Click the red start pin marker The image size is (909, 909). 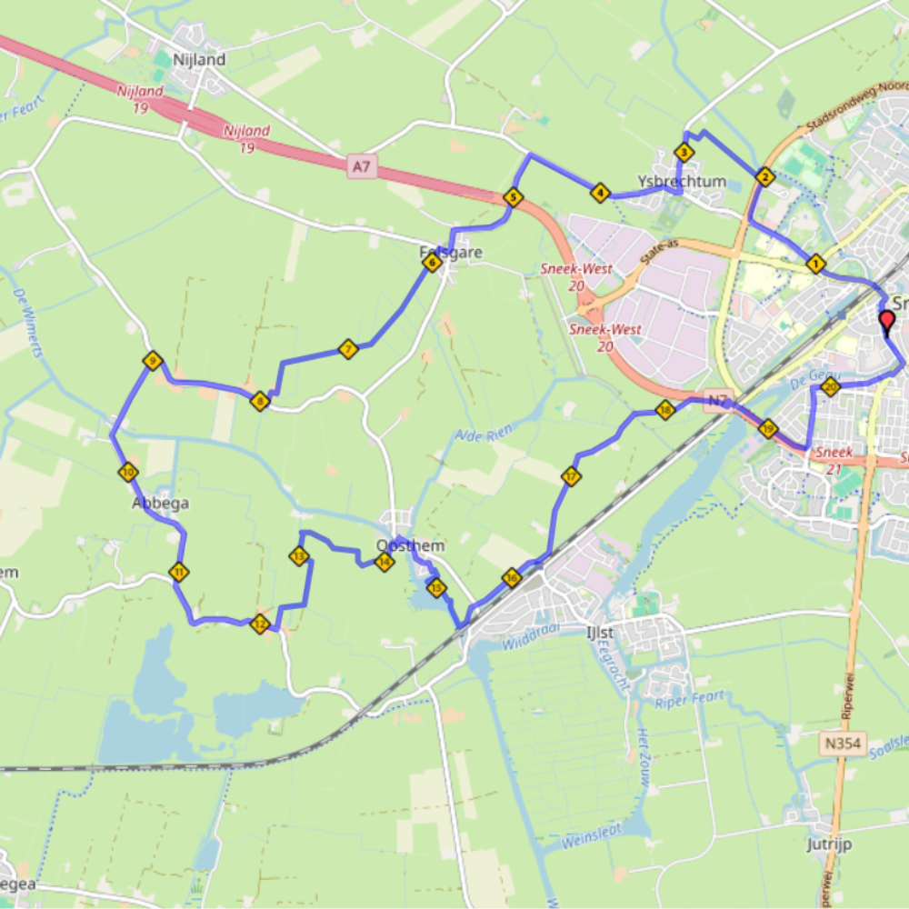coord(887,322)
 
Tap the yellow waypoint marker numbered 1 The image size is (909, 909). coord(815,265)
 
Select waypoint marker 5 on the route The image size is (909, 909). coord(513,197)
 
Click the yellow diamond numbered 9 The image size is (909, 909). coord(153,362)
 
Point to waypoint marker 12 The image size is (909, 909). coord(261,624)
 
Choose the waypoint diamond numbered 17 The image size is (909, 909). coord(571,475)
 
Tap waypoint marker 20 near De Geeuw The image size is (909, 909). coord(830,388)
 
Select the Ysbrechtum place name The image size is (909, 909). coord(682,181)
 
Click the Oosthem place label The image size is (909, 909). coord(410,545)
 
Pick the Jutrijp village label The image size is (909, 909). coord(829,844)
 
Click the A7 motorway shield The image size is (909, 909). coord(361,165)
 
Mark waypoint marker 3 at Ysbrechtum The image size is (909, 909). coord(683,153)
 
